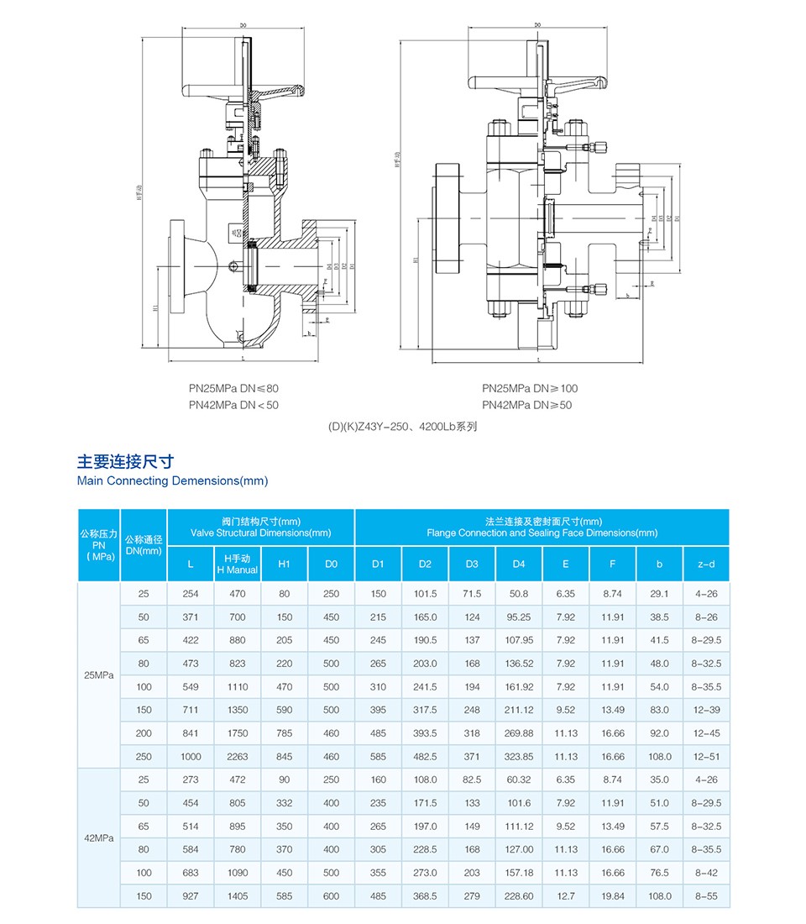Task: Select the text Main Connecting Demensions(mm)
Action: [172, 480]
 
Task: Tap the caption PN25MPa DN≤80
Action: [233, 388]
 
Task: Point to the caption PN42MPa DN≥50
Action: [529, 405]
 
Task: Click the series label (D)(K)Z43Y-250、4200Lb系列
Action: [402, 426]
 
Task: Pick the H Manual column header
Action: [238, 564]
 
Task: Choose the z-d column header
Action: [706, 564]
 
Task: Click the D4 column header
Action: [519, 564]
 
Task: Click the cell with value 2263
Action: [238, 757]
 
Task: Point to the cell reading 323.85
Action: [519, 757]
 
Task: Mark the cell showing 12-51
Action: [706, 757]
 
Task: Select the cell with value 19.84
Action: [613, 896]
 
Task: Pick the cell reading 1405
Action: [238, 896]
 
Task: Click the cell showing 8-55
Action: [706, 896]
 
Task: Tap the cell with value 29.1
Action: [659, 594]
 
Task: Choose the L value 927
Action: [191, 896]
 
